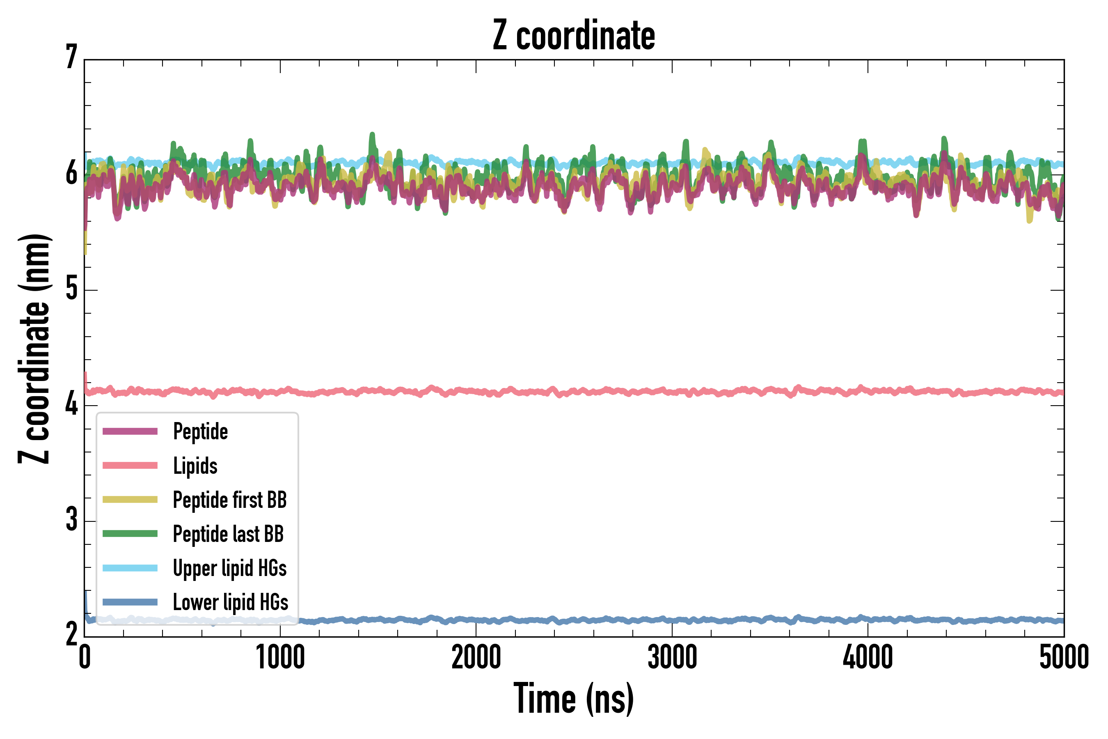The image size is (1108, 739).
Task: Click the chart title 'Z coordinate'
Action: tap(573, 36)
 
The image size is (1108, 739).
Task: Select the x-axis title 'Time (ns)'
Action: tap(573, 698)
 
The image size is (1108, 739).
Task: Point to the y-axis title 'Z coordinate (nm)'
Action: tap(34, 349)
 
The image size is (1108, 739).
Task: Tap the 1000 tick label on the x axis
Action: tap(280, 657)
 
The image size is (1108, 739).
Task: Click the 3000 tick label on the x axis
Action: tap(672, 657)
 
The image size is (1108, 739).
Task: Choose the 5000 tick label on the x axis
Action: tap(1064, 657)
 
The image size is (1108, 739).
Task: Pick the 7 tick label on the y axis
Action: tap(71, 57)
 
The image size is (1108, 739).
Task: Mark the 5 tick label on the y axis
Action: tap(71, 289)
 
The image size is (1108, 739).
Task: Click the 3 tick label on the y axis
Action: tap(71, 519)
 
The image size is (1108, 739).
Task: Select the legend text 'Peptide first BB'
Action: tap(230, 500)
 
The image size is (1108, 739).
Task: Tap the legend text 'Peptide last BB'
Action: tap(229, 534)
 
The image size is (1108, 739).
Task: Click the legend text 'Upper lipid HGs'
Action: tap(230, 568)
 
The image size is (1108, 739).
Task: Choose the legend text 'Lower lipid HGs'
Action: tap(231, 602)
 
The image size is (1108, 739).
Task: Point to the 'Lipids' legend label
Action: tap(195, 466)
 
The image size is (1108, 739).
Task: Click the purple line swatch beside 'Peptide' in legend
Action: tap(130, 431)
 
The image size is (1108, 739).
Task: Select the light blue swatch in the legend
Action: tap(130, 568)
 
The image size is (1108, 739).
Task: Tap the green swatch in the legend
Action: tap(130, 533)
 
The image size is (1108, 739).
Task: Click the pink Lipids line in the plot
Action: tap(612, 392)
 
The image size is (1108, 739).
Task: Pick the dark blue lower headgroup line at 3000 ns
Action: tap(672, 620)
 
